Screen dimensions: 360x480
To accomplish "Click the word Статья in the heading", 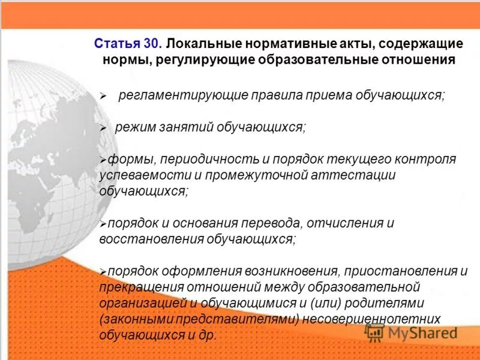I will pos(118,44).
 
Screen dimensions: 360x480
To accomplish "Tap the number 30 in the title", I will pos(152,44).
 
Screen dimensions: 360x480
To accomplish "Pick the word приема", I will pos(310,95).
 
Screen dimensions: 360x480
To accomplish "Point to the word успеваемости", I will pos(136,175).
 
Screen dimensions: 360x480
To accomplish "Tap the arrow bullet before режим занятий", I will pos(103,128).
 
